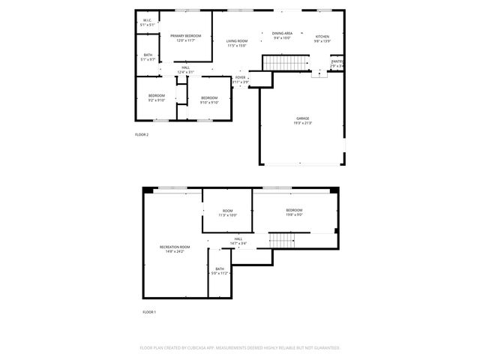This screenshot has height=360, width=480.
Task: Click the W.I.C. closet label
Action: point(148,22)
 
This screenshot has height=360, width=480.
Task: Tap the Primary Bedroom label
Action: point(185,37)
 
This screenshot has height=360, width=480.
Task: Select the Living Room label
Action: point(237,43)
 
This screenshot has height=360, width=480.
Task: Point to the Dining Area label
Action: point(282,36)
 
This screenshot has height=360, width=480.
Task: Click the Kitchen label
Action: point(322,38)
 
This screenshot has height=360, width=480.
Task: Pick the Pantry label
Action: point(337,64)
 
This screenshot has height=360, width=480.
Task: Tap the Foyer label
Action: point(240,79)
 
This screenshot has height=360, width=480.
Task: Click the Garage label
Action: point(303,120)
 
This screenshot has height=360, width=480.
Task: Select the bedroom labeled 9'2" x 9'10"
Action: point(156,97)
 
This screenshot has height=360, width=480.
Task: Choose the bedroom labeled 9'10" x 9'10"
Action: point(209,100)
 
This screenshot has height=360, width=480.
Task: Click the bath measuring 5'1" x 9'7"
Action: point(148,57)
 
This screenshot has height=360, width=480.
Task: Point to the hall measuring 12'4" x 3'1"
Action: point(185,70)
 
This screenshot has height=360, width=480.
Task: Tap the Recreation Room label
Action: point(175,249)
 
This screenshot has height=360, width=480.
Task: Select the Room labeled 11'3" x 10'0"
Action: point(227,213)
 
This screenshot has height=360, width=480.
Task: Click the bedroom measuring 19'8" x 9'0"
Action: point(294,211)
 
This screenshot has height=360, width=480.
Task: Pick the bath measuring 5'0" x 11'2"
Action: point(220,271)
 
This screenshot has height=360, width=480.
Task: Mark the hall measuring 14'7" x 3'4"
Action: point(238,241)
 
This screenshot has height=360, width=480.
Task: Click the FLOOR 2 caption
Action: point(142,135)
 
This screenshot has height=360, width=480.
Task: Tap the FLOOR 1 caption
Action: point(149,311)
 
